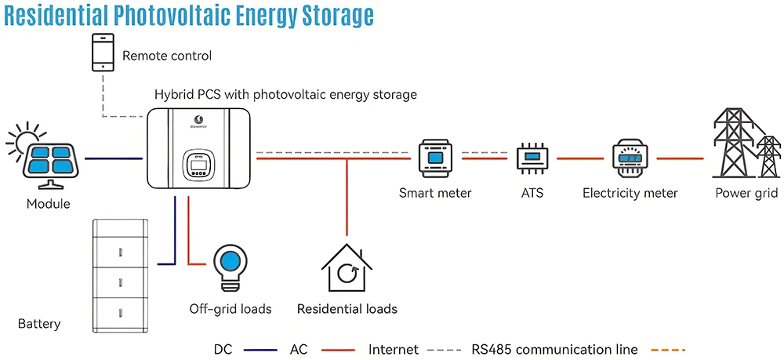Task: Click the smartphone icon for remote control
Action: tap(102, 53)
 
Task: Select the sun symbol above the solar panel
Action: tap(24, 137)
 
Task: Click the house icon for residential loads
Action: tap(346, 268)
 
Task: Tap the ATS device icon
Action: tap(532, 158)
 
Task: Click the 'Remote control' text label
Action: tap(167, 56)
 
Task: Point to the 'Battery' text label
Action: tap(39, 324)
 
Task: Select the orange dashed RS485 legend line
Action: tap(667, 350)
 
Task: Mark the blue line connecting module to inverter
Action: tap(112, 158)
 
